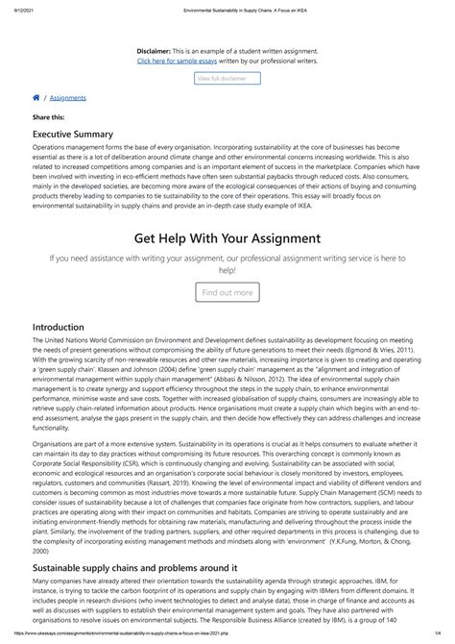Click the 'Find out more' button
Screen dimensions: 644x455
pos(227,292)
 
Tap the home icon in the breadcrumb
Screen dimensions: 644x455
pos(36,97)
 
